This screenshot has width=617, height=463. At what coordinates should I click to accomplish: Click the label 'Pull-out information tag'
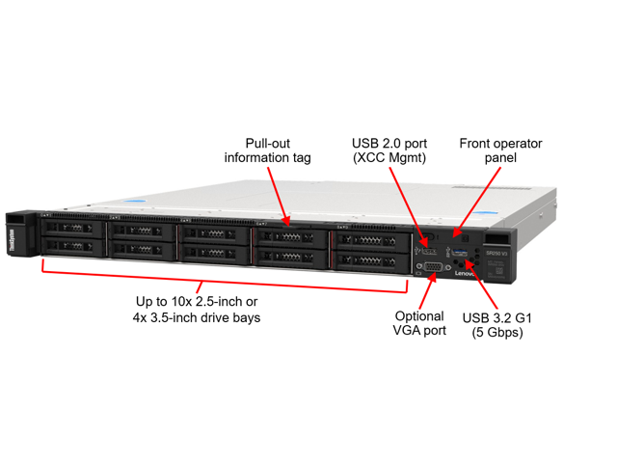point(267,150)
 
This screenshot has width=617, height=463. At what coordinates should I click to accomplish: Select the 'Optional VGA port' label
point(420,323)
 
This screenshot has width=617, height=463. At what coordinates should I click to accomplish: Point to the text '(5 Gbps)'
point(497,333)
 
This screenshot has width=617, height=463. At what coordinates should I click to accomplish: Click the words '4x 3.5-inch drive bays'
point(199,316)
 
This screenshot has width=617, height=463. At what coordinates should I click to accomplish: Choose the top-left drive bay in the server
point(72,229)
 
